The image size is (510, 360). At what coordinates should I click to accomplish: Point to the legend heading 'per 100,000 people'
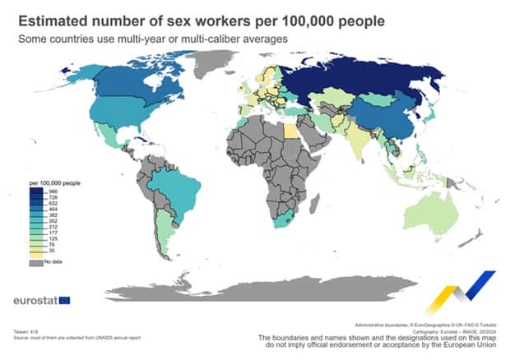pyautogui.click(x=55, y=182)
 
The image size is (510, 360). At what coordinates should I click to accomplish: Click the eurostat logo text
pyautogui.click(x=34, y=300)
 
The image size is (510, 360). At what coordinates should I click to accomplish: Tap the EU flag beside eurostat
pyautogui.click(x=64, y=300)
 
